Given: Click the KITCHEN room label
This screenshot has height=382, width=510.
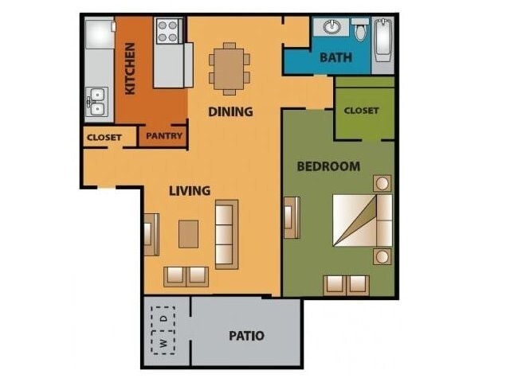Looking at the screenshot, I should pos(130,69).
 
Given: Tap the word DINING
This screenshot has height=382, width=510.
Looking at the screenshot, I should pos(230,111).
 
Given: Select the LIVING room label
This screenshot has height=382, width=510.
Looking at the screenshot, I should pos(190,190).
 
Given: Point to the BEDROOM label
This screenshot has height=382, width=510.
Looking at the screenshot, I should pos(328,166).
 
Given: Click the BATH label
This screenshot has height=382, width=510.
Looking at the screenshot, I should pos(336,58).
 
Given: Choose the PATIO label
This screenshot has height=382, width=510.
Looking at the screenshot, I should pos(246,335).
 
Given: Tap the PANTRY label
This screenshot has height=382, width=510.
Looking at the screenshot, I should pos(164,136).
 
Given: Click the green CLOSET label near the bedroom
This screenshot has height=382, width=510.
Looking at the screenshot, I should pos(361,111).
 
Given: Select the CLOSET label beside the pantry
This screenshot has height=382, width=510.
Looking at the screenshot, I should pos(104,137).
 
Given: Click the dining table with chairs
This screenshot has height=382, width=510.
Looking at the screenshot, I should pos(229,68).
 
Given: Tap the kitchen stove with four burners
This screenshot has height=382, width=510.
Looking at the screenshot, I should pos(168,31).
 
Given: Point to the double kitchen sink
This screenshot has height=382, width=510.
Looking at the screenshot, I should pos(96,102).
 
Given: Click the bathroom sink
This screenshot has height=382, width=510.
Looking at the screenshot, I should pos(331,28).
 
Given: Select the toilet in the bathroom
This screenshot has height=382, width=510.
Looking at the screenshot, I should pos(360,31).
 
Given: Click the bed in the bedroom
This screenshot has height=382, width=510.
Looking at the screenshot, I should pos(362,220).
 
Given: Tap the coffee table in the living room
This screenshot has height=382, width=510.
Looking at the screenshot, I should pos(189,234).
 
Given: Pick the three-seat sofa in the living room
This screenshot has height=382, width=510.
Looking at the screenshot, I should pos(226,234).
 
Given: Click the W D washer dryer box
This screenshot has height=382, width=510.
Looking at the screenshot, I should pos(163,330).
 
